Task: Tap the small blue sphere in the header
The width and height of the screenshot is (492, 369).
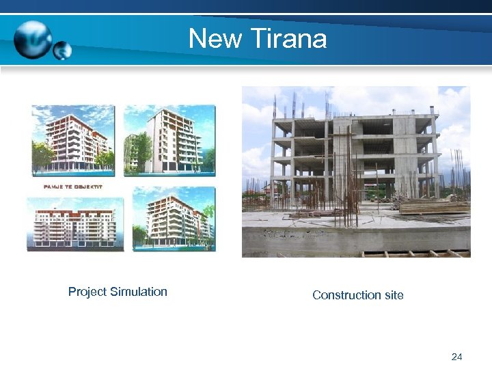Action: tap(62, 51)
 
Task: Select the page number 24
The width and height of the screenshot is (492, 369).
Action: tap(457, 357)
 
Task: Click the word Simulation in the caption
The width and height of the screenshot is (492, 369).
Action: tap(139, 292)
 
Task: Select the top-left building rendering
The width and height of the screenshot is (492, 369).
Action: tap(72, 140)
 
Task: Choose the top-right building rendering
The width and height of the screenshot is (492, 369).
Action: tap(169, 140)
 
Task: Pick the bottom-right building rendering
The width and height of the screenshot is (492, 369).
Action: tap(174, 219)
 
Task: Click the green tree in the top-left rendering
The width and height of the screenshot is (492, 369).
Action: tap(42, 154)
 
